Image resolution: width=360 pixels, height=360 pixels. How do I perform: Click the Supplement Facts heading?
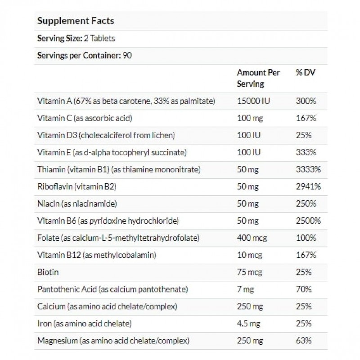coord(75,21)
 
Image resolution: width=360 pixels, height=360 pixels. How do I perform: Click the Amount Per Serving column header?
coord(258,78)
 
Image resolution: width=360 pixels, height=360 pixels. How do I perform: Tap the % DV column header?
coord(305,72)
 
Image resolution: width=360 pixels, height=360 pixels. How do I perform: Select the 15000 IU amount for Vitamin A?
coord(252,101)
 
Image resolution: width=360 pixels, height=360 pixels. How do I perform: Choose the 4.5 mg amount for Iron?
coord(249,324)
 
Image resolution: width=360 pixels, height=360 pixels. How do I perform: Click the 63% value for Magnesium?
coord(304,341)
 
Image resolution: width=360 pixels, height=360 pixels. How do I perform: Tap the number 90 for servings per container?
coord(127,56)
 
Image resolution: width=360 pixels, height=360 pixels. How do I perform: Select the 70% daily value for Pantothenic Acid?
coord(304,289)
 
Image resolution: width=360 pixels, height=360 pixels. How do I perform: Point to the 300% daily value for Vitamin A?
coord(306,101)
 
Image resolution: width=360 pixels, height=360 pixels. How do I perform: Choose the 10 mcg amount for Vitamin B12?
coord(249,255)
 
